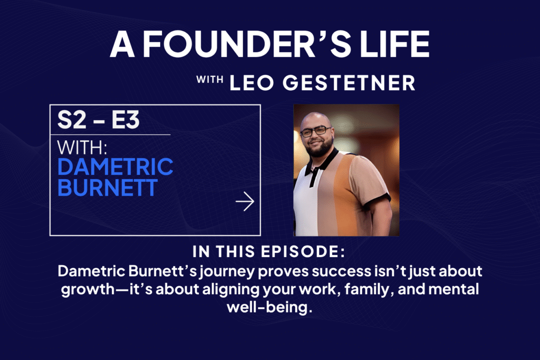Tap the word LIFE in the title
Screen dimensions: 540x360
(x=394, y=44)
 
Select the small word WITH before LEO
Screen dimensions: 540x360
(x=209, y=80)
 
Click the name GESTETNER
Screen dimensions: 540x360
(x=349, y=83)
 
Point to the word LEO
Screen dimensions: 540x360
(x=252, y=83)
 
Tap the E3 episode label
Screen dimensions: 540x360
(x=126, y=120)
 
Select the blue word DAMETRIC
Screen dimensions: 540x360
(x=115, y=167)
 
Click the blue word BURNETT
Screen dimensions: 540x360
(x=108, y=188)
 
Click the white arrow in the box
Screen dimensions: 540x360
(x=245, y=201)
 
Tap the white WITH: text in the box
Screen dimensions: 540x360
(x=82, y=148)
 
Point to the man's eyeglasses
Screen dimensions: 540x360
(x=315, y=131)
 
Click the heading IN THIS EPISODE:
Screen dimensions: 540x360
(x=269, y=251)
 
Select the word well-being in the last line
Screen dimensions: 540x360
(x=269, y=307)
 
